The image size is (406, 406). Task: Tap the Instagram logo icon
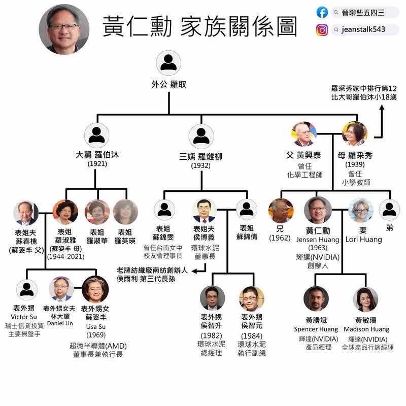tap(322, 30)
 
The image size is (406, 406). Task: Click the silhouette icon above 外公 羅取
tap(168, 62)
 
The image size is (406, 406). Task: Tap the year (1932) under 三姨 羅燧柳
tap(201, 165)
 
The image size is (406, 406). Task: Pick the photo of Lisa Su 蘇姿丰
tap(95, 290)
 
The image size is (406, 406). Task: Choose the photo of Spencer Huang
tap(316, 298)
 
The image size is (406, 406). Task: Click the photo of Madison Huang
tap(365, 298)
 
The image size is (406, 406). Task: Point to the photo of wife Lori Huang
tap(361, 210)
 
